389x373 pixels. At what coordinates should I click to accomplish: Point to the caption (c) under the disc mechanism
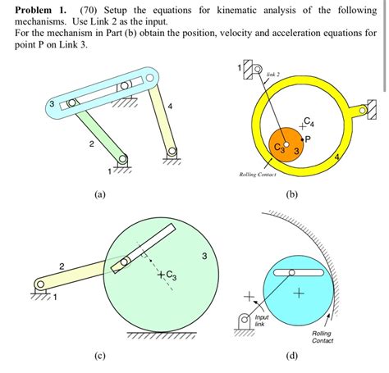pyautogui.click(x=100, y=357)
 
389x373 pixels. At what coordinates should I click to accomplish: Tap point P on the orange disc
pyautogui.click(x=307, y=139)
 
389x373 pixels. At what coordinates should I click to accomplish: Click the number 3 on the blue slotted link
pyautogui.click(x=51, y=105)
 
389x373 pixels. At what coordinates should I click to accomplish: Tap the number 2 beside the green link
pyautogui.click(x=91, y=145)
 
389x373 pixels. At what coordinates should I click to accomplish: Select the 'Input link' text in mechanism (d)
pyautogui.click(x=261, y=321)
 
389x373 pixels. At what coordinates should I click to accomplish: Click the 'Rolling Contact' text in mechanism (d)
pyautogui.click(x=323, y=337)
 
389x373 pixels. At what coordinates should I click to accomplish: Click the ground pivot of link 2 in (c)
pyautogui.click(x=39, y=284)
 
